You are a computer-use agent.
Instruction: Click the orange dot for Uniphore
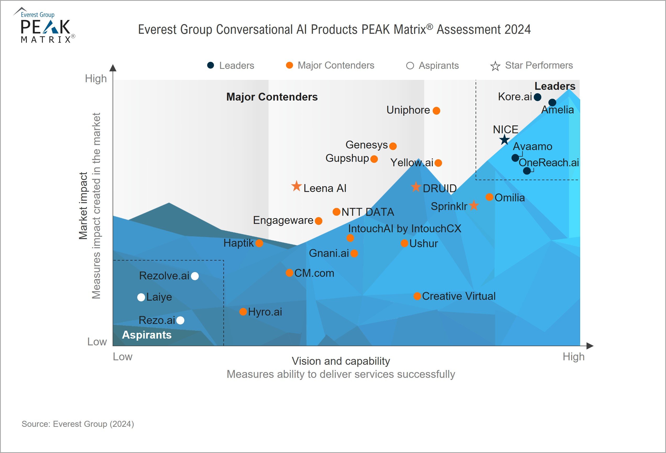pos(436,111)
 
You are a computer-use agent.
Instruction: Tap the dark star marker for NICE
pos(504,140)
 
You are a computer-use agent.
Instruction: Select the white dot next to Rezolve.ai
pos(195,276)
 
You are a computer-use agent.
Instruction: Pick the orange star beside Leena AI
pos(296,186)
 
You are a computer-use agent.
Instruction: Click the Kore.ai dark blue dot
pos(537,97)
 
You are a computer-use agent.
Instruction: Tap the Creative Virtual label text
pos(459,296)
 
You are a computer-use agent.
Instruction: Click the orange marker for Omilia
pos(489,197)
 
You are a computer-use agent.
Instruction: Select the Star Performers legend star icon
pos(495,66)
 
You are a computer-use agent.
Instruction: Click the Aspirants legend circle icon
pos(410,66)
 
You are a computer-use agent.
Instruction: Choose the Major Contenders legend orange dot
pos(289,65)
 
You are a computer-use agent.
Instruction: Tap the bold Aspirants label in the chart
pos(147,335)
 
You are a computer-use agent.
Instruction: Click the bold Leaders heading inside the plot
pos(555,86)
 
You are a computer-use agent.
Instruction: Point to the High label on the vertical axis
pos(96,79)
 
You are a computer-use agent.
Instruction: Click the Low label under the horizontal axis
pos(122,357)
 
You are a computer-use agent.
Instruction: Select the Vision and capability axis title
pos(341,361)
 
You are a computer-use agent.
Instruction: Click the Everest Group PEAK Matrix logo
pos(45,26)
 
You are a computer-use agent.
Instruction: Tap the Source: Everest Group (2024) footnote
pos(78,424)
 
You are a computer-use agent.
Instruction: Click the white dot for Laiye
pos(141,297)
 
